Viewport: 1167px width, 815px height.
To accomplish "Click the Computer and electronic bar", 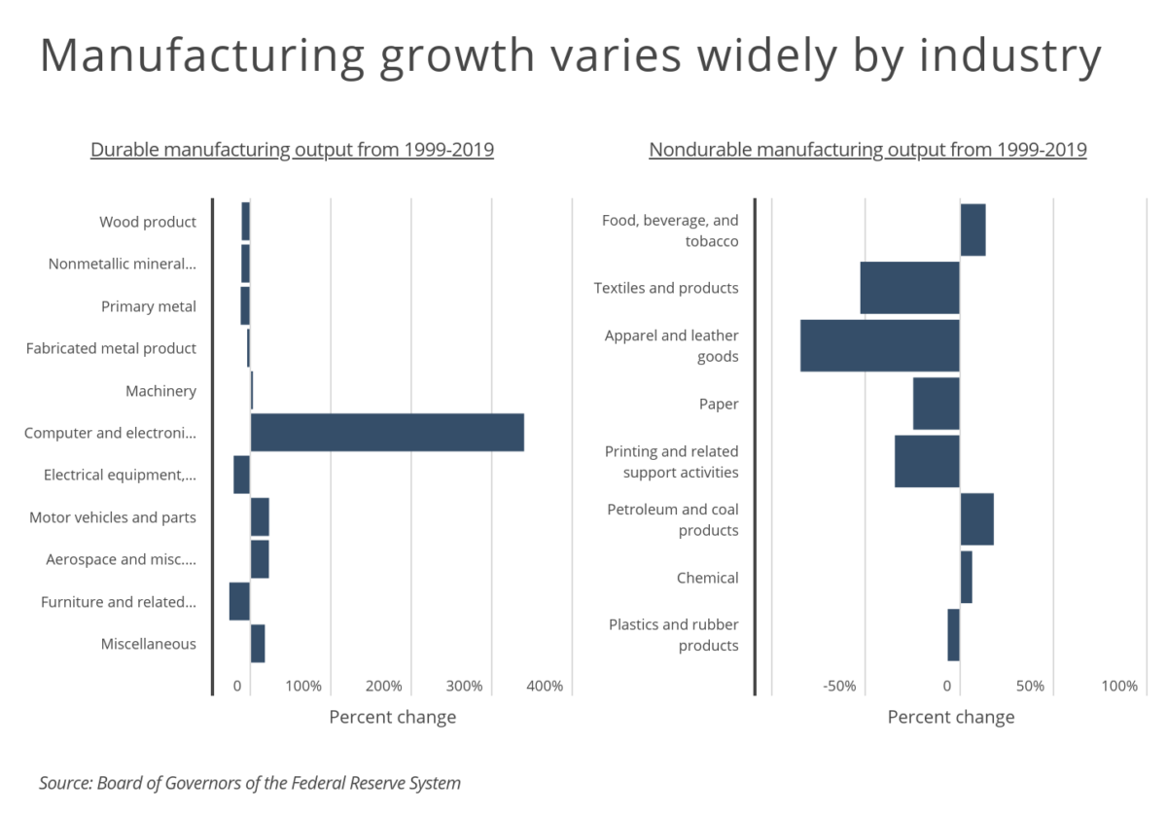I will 387,433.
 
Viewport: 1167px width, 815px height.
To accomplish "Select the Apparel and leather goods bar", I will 879,345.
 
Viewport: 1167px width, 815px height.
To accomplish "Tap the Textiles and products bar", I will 909,288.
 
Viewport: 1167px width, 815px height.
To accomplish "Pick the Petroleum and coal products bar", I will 976,519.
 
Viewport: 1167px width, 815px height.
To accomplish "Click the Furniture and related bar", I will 239,601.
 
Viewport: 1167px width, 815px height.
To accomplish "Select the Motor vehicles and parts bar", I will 260,517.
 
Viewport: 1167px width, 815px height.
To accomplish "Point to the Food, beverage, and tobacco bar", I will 972,230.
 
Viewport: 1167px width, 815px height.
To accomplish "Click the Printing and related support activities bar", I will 927,461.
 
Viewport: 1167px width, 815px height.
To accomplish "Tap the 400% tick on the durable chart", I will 545,686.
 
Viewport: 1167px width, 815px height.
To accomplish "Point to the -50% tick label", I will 839,686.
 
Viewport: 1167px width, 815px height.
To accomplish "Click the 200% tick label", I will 384,686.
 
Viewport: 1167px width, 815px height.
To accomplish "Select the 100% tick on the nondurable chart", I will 1119,686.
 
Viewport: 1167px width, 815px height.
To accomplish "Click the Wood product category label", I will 148,222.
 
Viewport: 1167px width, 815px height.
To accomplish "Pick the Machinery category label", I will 160,391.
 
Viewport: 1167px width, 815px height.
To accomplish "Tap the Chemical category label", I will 708,578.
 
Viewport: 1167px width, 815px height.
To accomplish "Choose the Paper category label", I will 719,404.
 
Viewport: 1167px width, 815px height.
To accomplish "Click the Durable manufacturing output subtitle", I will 292,150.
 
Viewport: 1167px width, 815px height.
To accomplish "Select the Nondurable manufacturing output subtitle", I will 867,150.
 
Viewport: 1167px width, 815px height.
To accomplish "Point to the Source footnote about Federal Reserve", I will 250,783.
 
